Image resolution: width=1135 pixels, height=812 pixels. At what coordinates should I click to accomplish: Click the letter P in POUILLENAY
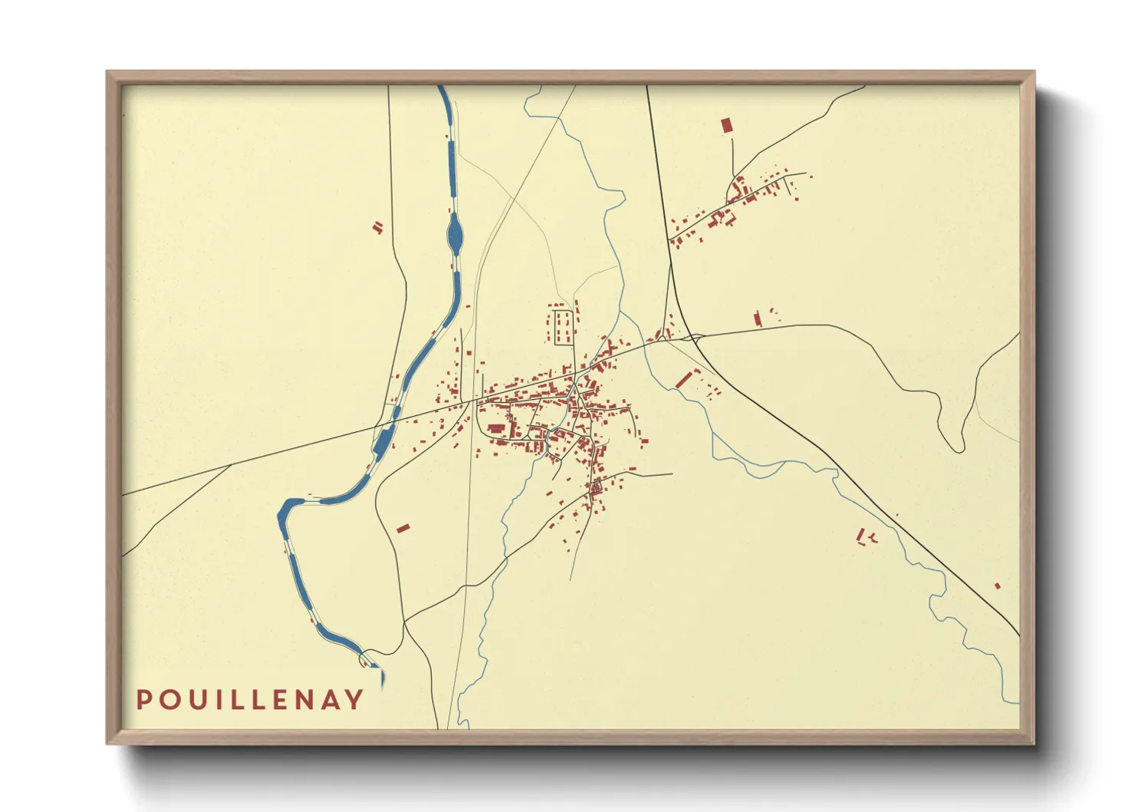point(143,700)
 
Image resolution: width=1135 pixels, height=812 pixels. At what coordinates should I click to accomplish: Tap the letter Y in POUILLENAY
point(354,700)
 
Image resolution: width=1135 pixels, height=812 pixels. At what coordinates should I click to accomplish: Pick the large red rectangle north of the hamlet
point(727,126)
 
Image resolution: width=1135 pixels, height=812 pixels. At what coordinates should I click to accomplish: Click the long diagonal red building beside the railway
point(684,379)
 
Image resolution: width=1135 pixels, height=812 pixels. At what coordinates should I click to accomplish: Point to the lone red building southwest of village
point(403,528)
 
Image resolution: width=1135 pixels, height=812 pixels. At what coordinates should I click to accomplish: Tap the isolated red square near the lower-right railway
point(997,586)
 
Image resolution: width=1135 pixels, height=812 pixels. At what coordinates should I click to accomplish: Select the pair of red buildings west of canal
point(377,227)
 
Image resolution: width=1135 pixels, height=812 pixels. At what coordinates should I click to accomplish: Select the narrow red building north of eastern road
point(758,319)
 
